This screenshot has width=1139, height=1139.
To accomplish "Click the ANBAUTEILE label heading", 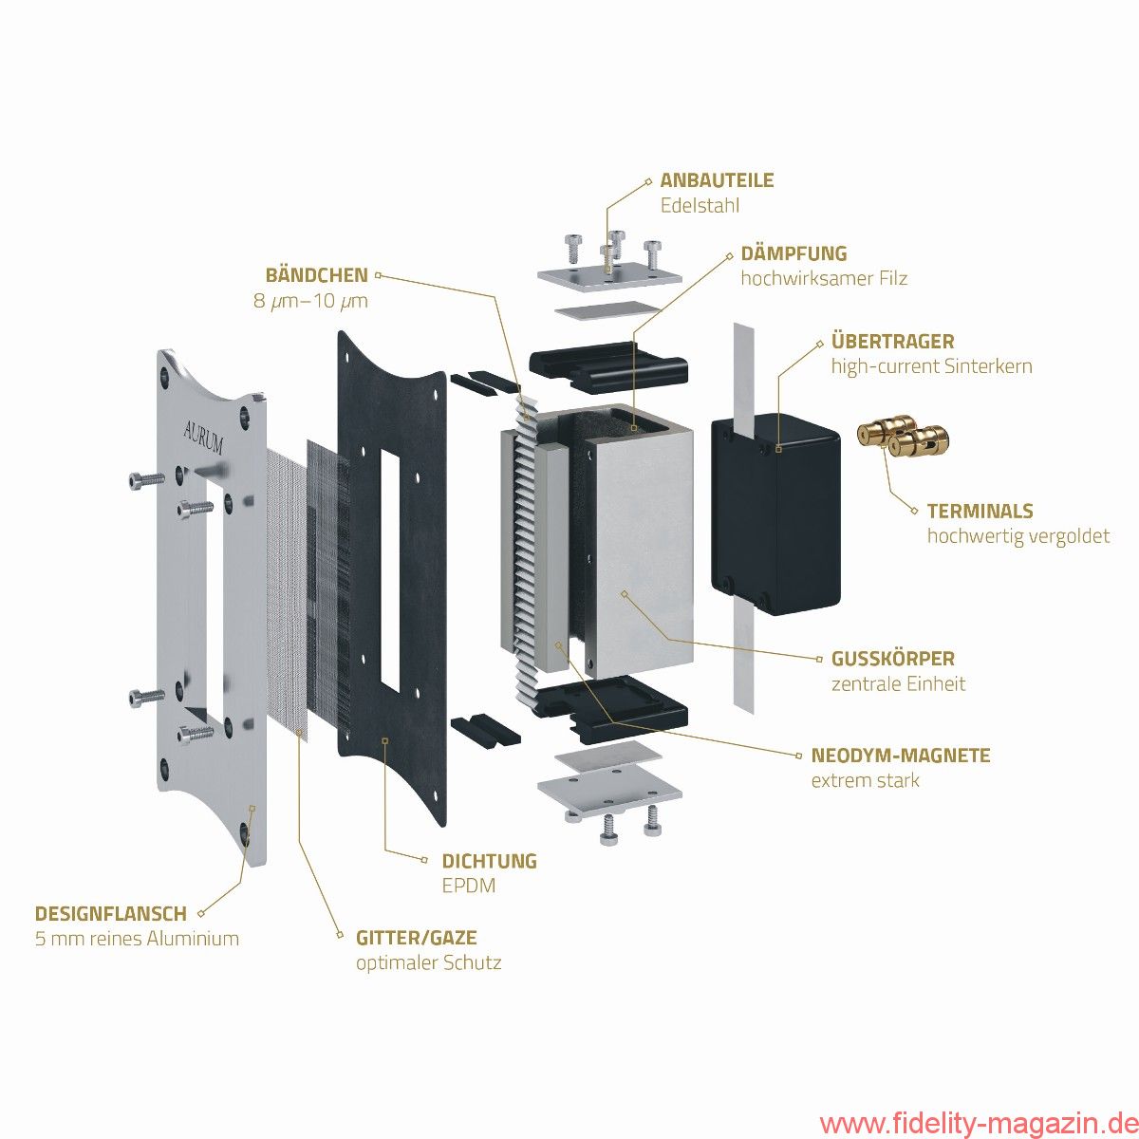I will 717,180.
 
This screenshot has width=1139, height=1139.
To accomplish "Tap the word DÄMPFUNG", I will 794,253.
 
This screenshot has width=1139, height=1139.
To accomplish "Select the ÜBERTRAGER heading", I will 892,341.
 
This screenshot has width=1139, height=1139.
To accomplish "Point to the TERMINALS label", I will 980,511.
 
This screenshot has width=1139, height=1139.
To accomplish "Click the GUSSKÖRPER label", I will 892,658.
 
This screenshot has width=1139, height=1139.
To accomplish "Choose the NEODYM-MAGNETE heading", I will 900,756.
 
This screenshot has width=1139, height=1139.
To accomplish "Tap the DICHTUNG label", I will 489,861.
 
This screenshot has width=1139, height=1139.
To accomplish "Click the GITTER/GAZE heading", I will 416,938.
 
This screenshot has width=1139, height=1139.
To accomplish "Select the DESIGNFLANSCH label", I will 110,914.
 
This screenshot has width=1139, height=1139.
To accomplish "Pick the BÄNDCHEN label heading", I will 316,275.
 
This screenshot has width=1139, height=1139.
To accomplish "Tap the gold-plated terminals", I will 903,436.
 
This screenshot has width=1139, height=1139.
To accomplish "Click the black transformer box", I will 775,513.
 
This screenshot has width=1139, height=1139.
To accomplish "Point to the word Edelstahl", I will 700,206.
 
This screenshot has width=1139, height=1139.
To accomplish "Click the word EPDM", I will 468,887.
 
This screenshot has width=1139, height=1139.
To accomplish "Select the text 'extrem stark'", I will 865,781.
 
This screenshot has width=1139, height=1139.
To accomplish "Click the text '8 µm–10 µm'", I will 305,301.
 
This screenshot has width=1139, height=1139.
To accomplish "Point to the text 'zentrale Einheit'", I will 898,683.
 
